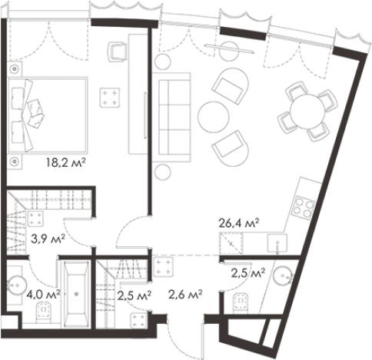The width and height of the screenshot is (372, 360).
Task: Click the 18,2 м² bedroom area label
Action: point(65,162)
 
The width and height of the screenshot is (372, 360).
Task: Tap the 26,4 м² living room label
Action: point(239,223)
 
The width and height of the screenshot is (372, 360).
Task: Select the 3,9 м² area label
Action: point(48,239)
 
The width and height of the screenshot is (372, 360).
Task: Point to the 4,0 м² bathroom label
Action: point(44,295)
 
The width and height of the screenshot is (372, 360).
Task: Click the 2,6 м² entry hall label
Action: point(185,295)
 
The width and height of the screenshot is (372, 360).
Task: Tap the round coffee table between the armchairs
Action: point(213,117)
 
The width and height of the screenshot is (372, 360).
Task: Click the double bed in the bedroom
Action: point(48,115)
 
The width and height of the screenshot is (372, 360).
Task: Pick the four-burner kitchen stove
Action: point(304,207)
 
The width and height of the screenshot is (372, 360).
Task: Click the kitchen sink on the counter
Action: point(277,243)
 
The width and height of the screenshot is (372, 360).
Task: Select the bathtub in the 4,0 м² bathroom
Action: point(76,295)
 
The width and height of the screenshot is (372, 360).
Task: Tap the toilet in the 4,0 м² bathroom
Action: point(44,312)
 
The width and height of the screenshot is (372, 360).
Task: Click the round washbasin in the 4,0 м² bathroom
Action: point(17,285)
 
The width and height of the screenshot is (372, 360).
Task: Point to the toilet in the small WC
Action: point(241,302)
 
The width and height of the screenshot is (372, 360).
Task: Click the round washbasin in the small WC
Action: point(283,276)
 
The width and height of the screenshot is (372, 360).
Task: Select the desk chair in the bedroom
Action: point(117,52)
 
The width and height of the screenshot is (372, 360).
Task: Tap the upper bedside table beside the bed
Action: point(15,68)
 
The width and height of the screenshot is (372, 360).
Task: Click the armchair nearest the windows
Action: point(230,85)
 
